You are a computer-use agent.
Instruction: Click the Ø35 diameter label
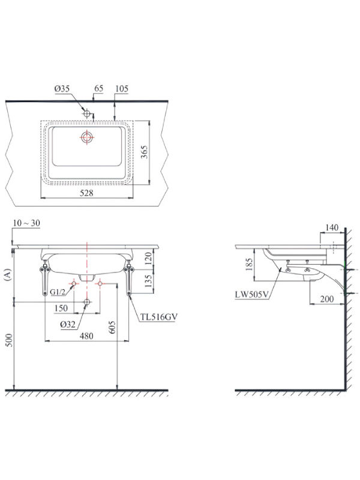coord(62,89)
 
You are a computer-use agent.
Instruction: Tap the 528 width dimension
coord(86,193)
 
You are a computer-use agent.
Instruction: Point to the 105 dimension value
coord(122,89)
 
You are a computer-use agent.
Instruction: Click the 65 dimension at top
coord(98,88)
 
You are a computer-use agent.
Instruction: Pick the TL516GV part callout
coord(159,317)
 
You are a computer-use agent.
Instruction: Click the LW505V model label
coord(252,295)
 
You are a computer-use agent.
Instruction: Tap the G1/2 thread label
coord(58,292)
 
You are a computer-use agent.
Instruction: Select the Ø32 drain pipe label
coord(68,325)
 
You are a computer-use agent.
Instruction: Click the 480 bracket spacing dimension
coord(86,336)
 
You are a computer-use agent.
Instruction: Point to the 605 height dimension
coord(112,327)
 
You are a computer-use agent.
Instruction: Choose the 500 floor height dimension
coord(9,340)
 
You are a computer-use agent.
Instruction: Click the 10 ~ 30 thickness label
coord(26,223)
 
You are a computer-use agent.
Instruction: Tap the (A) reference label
coord(8,274)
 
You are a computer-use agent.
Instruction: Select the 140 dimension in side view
coord(332,227)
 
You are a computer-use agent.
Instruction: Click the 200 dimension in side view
coord(327,299)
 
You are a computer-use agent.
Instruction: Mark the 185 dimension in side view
coord(249,265)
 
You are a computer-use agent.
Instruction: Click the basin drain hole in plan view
coord(87,137)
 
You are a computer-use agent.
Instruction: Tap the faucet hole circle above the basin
coord(87,113)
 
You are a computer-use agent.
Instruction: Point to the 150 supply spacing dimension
coord(61,308)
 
